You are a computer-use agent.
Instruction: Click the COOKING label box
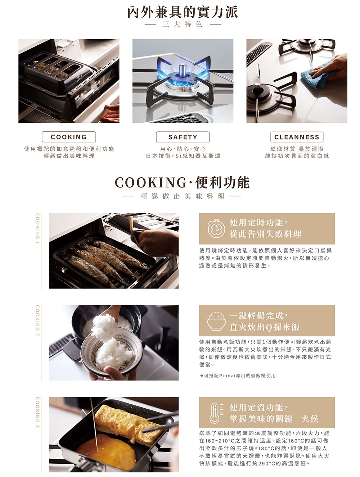[69, 137]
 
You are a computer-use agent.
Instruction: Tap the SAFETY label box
[183, 137]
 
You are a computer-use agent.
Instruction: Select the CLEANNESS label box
[297, 137]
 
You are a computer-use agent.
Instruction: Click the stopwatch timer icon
[216, 228]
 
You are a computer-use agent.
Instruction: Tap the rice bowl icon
[216, 321]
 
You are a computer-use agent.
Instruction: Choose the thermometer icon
[216, 413]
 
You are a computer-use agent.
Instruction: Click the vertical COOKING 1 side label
[37, 228]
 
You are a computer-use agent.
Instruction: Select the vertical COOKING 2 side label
[37, 321]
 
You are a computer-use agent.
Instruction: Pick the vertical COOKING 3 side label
[37, 412]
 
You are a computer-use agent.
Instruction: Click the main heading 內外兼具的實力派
[183, 12]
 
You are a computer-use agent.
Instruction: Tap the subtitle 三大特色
[183, 24]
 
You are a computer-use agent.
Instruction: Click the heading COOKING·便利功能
[182, 182]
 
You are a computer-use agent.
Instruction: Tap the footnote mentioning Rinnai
[238, 376]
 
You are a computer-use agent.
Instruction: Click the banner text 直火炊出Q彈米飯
[265, 327]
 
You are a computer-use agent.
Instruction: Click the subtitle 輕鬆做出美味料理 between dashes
[182, 196]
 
